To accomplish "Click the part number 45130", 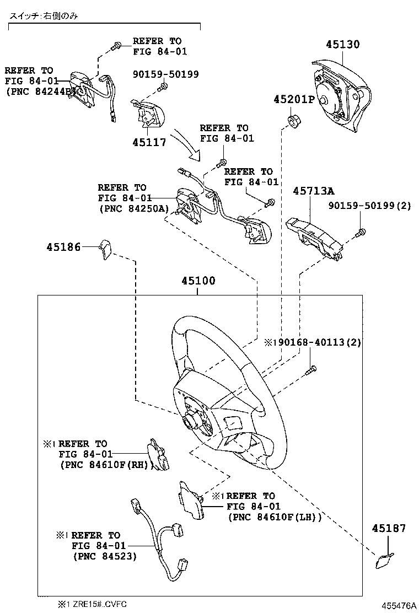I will tap(342, 45).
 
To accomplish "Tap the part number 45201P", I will tap(293, 99).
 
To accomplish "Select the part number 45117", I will tap(149, 142).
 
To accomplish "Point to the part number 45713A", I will tap(313, 191).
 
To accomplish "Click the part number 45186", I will tap(63, 248).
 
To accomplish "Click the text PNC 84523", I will tap(105, 556).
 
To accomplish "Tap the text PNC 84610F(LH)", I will tap(274, 517).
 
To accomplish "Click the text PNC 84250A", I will tap(132, 209).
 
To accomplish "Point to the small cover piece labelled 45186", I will tap(106, 249).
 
